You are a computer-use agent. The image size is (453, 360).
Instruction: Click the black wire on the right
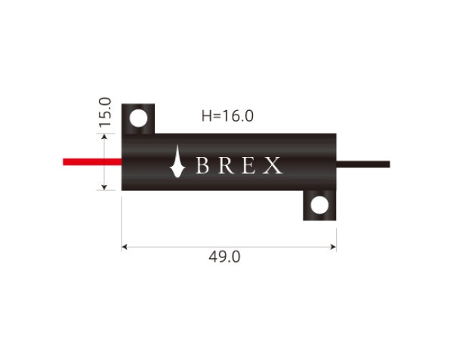[x=363, y=164]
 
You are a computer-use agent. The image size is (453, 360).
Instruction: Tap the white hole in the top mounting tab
[x=138, y=118]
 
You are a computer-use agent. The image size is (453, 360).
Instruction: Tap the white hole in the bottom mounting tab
[x=319, y=205]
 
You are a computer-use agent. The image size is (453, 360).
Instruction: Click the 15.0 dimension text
[x=105, y=111]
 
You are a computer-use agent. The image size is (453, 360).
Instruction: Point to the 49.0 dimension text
[x=224, y=257]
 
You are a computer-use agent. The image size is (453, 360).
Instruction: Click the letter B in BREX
[x=202, y=165]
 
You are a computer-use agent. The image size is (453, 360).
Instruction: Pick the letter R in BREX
[x=224, y=165]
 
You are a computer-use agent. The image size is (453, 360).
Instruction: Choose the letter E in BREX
[x=248, y=165]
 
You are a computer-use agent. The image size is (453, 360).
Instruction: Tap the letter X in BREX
[x=272, y=165]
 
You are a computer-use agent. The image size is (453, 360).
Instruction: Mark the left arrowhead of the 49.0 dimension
[x=125, y=245]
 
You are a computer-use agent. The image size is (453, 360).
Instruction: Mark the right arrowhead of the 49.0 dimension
[x=333, y=245]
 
